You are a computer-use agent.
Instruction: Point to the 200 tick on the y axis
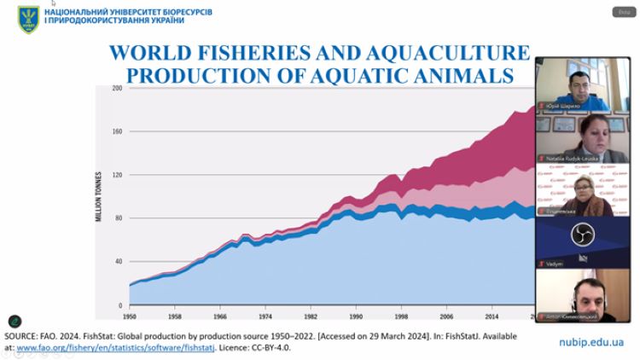tap(118, 88)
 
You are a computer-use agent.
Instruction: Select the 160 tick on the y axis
tap(118, 131)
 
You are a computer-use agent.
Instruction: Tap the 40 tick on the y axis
tap(119, 262)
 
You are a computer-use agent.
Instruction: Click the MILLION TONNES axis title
tap(100, 197)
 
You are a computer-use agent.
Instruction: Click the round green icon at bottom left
tap(15, 322)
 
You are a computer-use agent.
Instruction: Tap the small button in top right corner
tap(624, 11)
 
